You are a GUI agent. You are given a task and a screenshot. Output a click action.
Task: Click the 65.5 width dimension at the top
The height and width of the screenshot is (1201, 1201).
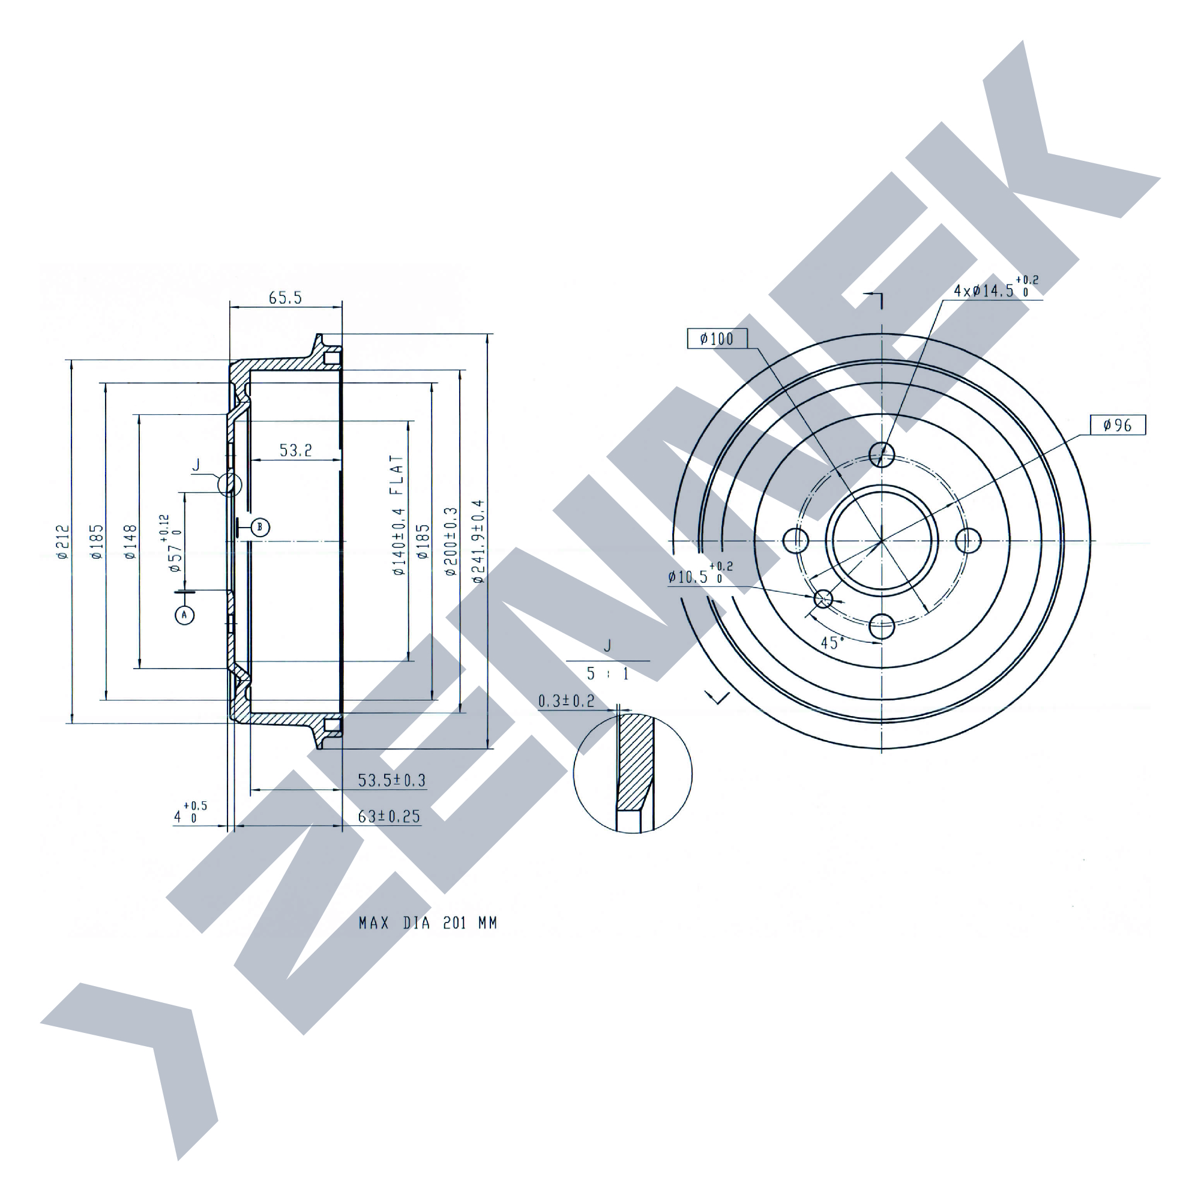(x=285, y=298)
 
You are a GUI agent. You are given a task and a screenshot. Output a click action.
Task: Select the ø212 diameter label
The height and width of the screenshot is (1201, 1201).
(x=62, y=542)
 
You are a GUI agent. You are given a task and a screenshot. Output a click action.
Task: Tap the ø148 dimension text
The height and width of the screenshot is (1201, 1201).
(x=131, y=542)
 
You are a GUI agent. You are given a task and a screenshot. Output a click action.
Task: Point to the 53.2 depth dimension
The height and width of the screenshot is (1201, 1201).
(x=296, y=450)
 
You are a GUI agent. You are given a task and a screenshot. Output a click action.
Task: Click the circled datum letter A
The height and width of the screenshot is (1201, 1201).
(x=184, y=615)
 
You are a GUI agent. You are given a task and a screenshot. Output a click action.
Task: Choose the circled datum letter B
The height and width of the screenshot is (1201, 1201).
(x=260, y=528)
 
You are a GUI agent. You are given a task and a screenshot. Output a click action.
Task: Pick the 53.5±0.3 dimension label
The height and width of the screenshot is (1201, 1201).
(x=391, y=780)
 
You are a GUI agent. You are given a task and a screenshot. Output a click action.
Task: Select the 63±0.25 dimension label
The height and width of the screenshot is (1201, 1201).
(x=389, y=816)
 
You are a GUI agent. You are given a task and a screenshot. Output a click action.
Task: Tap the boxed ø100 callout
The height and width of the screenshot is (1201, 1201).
(x=717, y=339)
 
